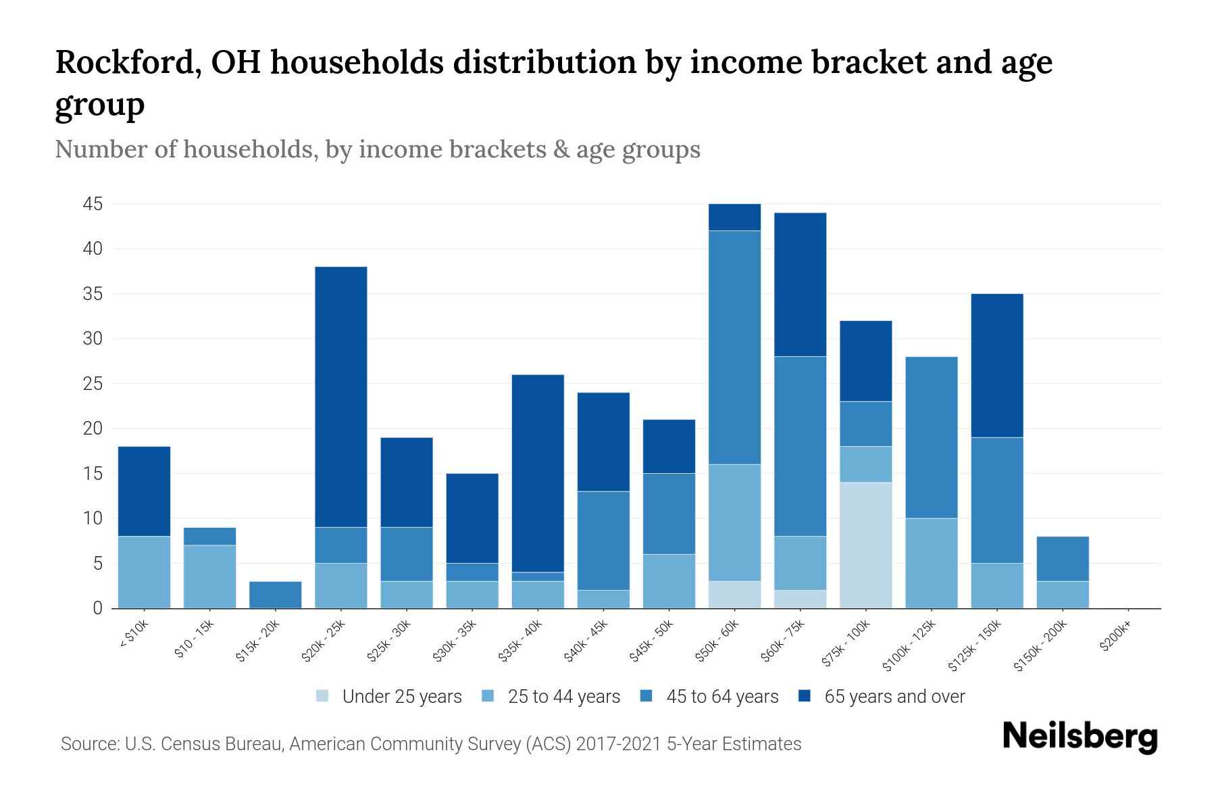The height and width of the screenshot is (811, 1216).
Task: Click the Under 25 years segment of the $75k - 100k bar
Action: (865, 545)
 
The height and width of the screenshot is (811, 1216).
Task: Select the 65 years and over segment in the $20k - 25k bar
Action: (341, 397)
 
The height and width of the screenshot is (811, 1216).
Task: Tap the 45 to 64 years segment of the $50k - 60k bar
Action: (734, 347)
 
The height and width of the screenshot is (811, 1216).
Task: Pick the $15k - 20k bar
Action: (276, 595)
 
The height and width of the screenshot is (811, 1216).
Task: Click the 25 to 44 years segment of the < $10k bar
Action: (145, 572)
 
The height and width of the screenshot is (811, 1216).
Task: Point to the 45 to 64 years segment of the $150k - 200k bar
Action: (1062, 559)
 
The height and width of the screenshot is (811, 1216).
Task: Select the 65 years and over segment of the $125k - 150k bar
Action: (996, 366)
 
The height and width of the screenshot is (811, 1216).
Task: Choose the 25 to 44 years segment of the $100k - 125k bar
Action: (931, 564)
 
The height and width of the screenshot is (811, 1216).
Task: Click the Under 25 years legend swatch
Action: (323, 696)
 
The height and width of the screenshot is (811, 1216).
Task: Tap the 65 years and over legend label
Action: (894, 696)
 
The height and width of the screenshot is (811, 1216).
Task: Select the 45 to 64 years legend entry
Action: (709, 696)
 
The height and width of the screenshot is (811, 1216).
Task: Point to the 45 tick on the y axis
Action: (93, 203)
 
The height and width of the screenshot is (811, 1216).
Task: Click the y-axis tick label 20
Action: (93, 428)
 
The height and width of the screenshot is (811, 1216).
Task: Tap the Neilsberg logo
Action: (1080, 737)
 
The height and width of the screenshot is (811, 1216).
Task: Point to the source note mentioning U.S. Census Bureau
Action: (431, 744)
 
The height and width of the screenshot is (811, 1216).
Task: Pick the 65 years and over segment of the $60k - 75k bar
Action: (800, 285)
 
